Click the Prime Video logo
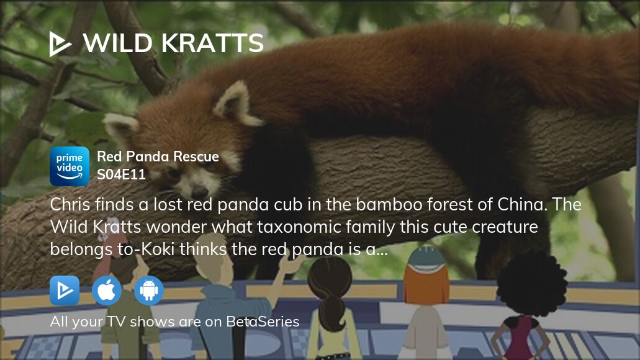point(70,166)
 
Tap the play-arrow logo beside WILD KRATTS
point(60,44)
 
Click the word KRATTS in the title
point(212,43)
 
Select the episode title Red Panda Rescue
point(158,156)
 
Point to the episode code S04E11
point(121,174)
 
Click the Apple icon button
point(107,290)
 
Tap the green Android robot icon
point(148,290)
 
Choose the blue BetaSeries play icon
point(65,290)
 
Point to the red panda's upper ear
point(235,101)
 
